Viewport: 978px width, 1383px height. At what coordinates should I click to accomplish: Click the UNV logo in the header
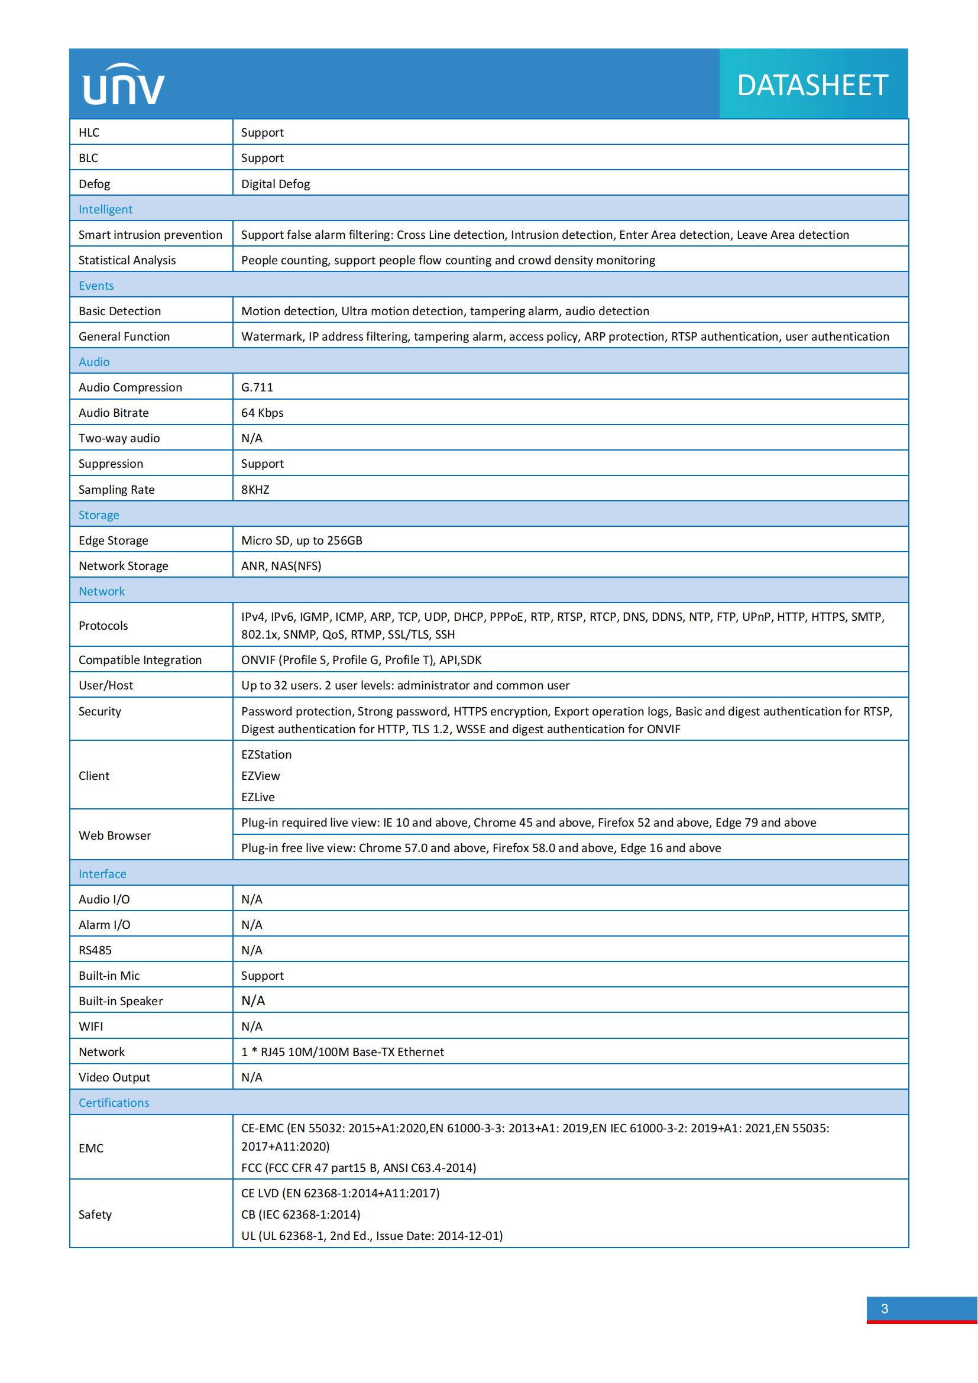coord(124,85)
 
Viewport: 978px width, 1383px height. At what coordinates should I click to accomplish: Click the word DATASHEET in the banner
coord(812,85)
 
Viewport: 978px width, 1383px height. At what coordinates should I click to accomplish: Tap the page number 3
coord(884,1308)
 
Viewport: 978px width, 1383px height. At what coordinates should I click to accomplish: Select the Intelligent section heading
coord(105,209)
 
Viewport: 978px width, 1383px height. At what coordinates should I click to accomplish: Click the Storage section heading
coord(99,515)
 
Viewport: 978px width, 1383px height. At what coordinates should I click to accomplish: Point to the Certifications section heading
coord(114,1102)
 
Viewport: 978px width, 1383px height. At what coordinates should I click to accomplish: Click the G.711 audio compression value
coord(257,387)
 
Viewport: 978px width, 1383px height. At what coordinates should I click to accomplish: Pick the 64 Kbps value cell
coord(262,413)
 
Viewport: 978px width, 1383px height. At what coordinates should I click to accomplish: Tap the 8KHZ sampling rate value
coord(255,489)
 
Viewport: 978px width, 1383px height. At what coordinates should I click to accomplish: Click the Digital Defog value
coord(275,184)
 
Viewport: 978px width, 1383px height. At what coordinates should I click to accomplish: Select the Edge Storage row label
coord(113,540)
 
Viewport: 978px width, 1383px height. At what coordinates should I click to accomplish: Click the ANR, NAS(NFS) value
coord(281,566)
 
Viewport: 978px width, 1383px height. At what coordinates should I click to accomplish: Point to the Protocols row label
coord(103,625)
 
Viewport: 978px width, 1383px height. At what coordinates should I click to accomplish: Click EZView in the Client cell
coord(260,776)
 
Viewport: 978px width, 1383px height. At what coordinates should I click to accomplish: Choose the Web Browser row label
coord(115,835)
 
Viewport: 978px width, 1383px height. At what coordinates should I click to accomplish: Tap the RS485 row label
coord(95,950)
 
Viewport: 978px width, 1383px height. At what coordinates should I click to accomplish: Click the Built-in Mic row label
coord(109,975)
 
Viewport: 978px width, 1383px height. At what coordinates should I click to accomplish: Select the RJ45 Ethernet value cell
coord(342,1052)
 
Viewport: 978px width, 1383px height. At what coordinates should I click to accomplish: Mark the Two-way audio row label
coord(119,438)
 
